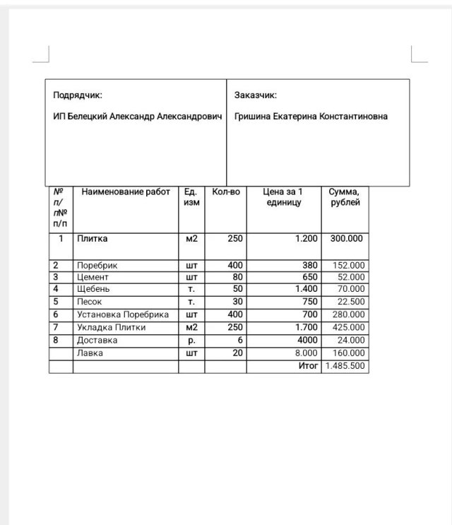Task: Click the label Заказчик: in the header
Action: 255,95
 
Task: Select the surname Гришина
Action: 254,117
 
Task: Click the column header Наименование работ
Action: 126,191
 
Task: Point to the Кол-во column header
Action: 226,191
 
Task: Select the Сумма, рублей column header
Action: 345,197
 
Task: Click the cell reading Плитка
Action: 93,239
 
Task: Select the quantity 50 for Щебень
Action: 237,289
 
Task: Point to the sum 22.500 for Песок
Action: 351,302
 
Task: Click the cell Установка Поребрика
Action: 123,314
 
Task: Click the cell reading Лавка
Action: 90,353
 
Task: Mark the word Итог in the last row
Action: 309,366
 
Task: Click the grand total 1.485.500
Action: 345,366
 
